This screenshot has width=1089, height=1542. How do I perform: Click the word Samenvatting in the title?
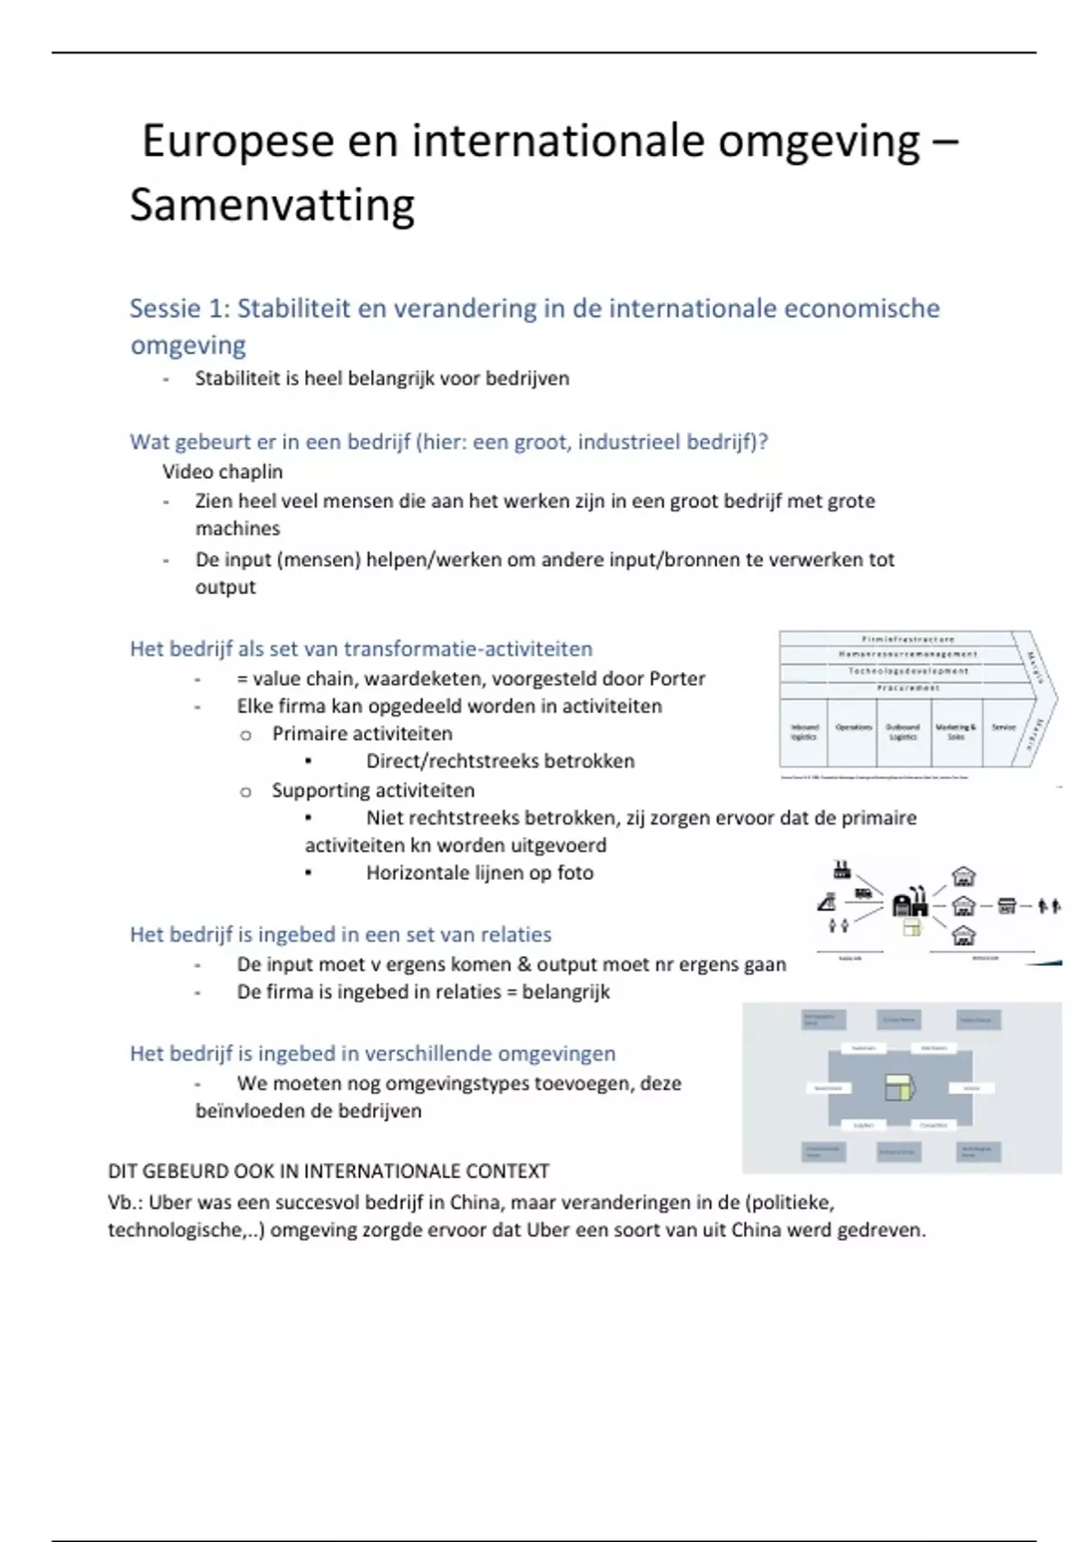point(272,205)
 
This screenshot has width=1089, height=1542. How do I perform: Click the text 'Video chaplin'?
point(222,472)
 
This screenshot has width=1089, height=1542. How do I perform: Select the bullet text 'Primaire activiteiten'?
point(361,734)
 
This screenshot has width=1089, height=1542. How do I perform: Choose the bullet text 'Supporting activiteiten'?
point(372,790)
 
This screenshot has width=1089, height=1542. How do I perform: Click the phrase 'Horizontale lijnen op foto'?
point(479,873)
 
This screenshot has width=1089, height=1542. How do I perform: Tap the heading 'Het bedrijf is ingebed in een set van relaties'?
point(340,934)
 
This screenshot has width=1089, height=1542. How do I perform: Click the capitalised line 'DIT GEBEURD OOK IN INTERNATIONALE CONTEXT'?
point(329,1171)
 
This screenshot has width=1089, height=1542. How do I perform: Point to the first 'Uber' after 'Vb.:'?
point(167,1203)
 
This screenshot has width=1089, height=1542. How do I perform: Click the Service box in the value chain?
point(1003,728)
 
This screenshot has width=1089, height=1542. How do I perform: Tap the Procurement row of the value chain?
point(907,688)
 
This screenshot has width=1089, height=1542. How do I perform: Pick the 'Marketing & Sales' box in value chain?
point(956,731)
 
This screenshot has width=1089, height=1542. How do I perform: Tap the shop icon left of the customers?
point(1006,905)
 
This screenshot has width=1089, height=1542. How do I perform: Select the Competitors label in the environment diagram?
point(933,1126)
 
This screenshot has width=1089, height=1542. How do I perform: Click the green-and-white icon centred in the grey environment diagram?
point(899,1088)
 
